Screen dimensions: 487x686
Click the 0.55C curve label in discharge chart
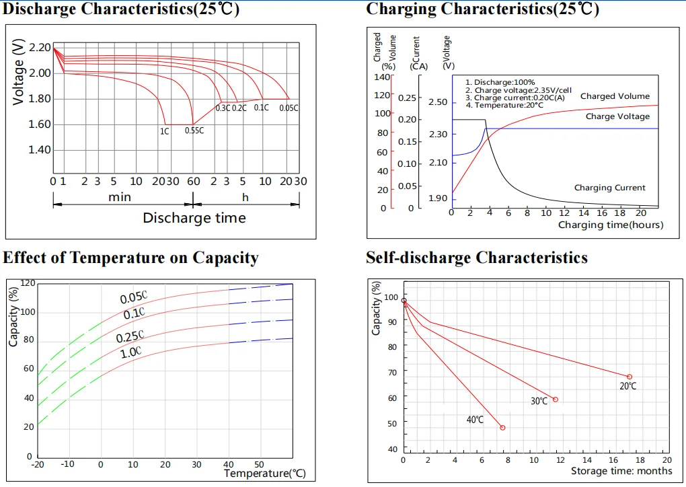[194, 130]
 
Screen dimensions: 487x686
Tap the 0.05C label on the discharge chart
[289, 108]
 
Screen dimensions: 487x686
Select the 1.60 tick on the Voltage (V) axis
[39, 124]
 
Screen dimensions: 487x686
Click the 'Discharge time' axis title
[194, 218]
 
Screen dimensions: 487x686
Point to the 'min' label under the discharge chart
[120, 197]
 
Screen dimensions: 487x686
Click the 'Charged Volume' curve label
[615, 96]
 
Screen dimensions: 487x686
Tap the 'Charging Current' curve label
[609, 188]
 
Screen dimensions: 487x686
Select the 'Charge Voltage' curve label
[617, 116]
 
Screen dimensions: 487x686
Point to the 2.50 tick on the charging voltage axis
[437, 102]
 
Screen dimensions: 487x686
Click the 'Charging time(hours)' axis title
[610, 225]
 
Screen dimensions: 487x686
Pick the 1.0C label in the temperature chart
[130, 351]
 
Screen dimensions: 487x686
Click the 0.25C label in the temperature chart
[130, 336]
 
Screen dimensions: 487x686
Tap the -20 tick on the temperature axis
[38, 464]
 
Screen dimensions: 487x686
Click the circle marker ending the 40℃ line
[502, 428]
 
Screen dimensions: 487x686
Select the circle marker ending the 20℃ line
[630, 377]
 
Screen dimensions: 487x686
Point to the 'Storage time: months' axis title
[621, 472]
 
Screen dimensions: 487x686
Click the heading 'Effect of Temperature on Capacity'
[130, 258]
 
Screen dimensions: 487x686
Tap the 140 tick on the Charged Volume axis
[382, 77]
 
